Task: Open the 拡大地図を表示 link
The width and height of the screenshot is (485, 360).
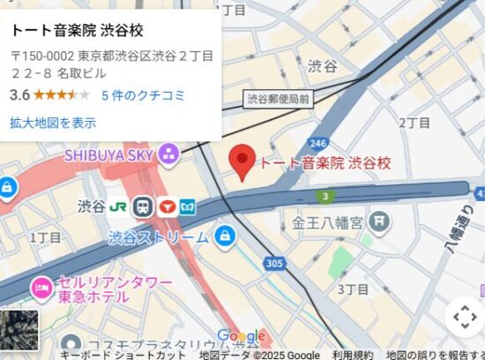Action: pos(53,123)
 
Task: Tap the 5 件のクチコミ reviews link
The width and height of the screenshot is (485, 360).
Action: pos(143,95)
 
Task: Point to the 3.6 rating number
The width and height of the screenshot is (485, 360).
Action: pos(20,94)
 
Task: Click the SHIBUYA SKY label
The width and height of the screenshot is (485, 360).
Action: pos(109,155)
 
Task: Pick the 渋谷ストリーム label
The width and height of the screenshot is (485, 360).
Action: pos(159,236)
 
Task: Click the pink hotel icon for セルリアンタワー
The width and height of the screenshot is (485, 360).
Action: pos(41,286)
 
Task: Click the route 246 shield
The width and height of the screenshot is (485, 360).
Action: pos(318,142)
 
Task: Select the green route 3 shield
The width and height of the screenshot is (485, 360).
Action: pos(326,195)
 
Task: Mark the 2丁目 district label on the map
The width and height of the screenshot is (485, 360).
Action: pos(414,123)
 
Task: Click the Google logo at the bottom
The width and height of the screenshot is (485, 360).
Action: pos(241,336)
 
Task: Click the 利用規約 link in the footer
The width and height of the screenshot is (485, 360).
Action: pos(353,355)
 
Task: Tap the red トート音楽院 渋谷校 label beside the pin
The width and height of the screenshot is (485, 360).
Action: pos(324,162)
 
